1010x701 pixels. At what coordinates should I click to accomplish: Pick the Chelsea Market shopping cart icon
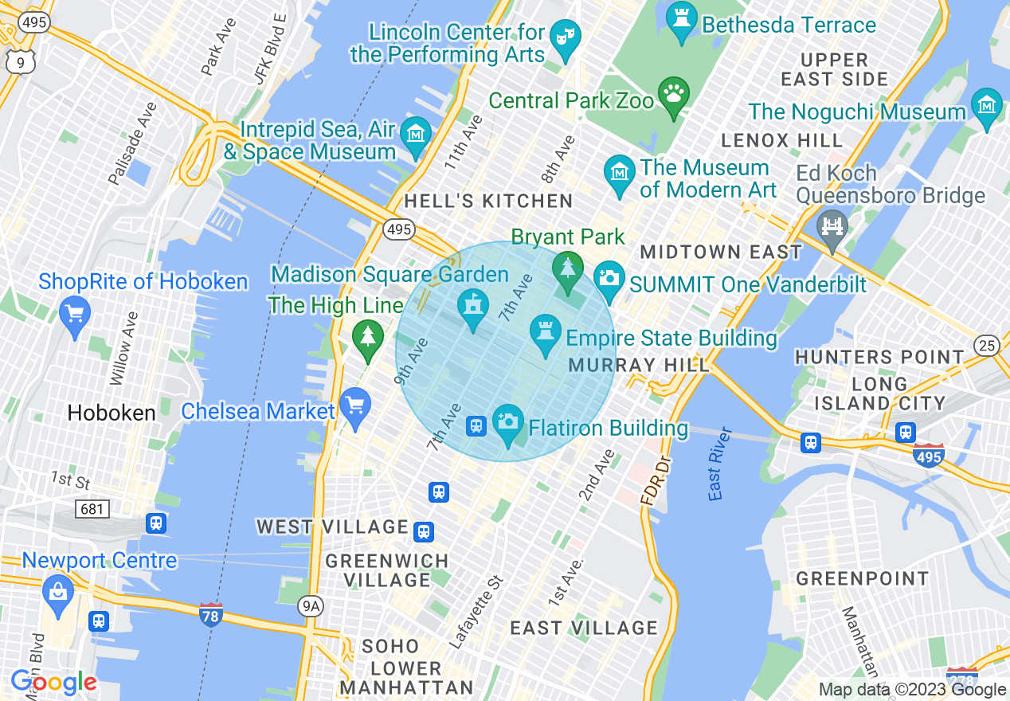355,406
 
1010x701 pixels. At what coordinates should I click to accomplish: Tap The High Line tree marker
367,337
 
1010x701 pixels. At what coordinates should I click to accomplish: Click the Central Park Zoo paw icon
674,94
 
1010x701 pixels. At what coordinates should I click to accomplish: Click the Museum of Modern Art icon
619,173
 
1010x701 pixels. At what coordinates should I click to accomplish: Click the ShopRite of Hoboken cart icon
75,314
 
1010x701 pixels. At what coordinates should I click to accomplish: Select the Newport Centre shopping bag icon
57,593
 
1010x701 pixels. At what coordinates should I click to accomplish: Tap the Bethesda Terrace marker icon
681,19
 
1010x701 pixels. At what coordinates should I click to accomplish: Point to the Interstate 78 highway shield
210,614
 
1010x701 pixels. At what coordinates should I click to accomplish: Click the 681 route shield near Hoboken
92,507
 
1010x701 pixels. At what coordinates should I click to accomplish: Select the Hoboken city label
112,413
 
